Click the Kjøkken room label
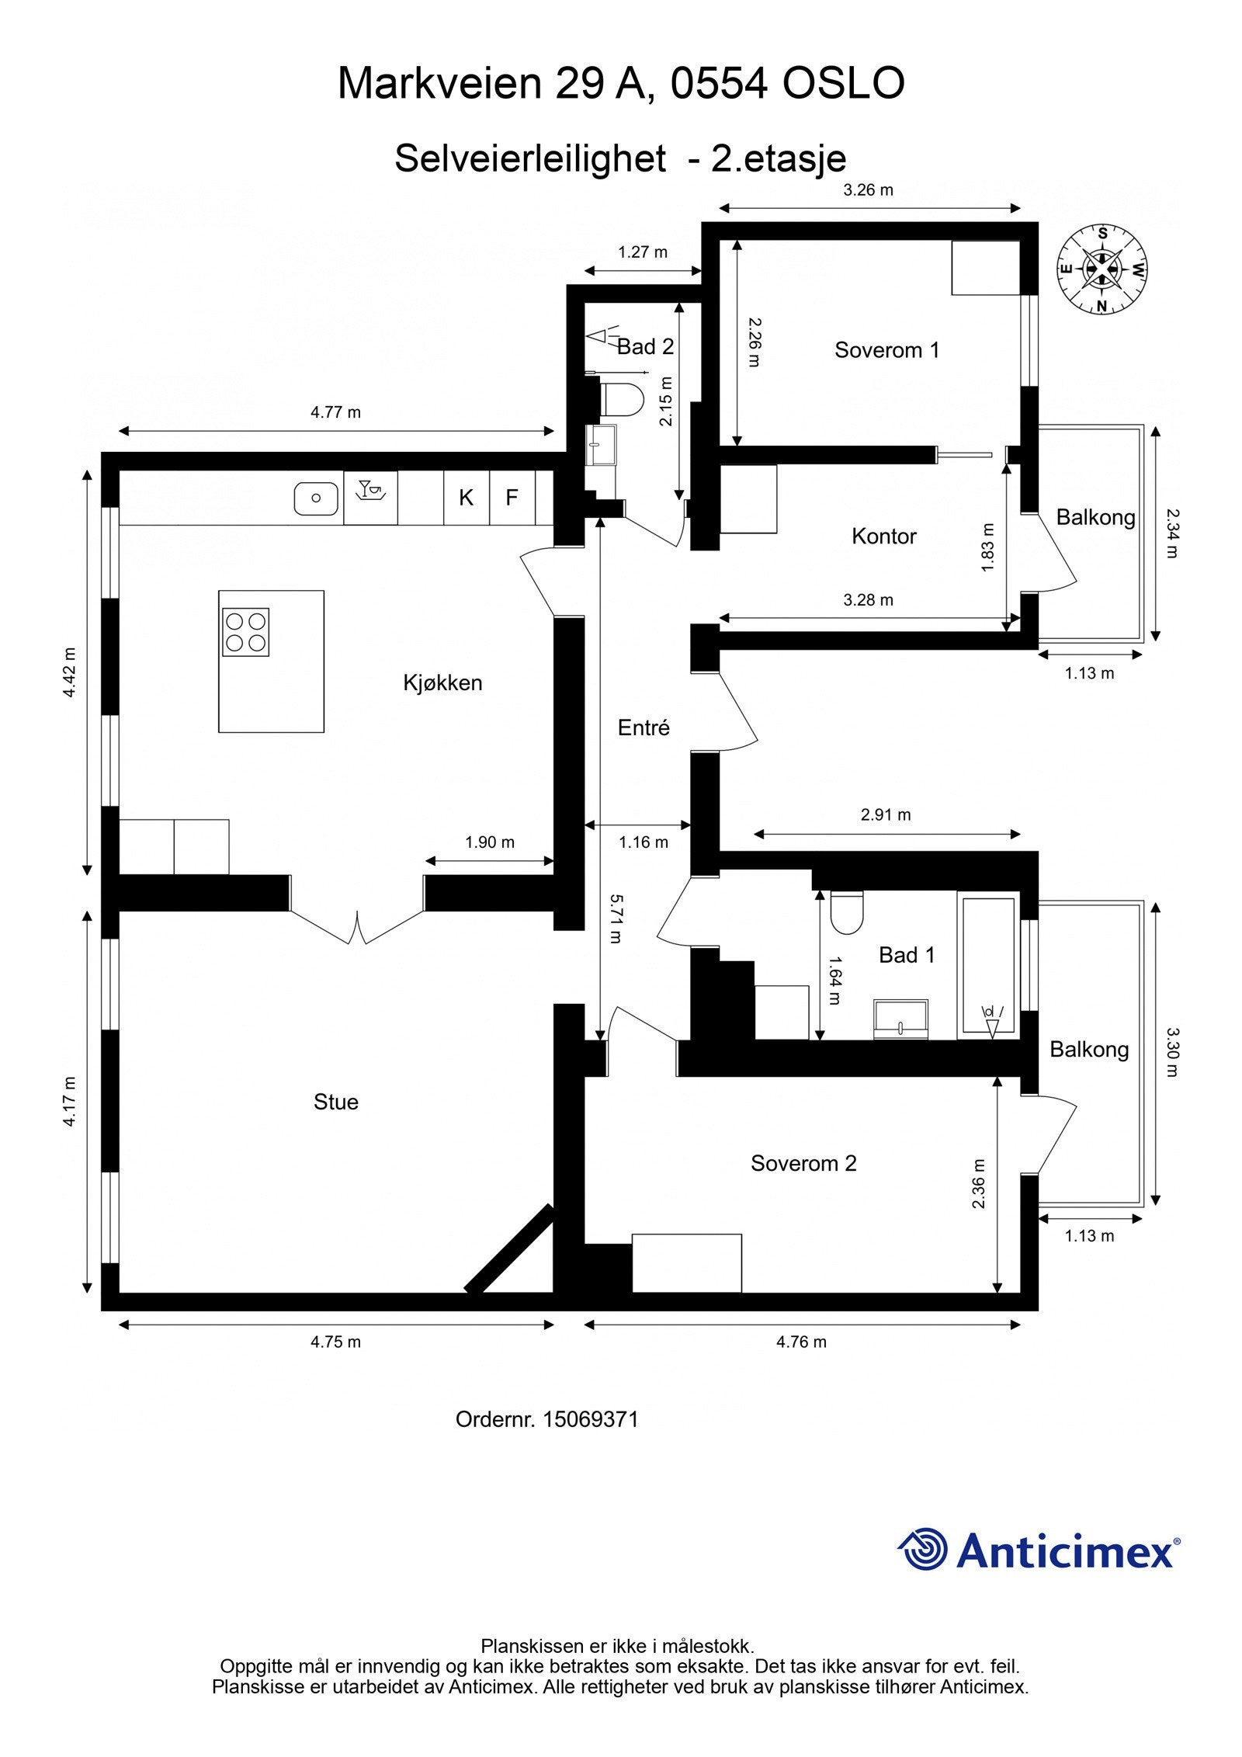click(x=442, y=682)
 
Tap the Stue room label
click(x=335, y=1102)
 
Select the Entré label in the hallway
click(x=643, y=727)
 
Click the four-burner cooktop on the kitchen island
click(x=245, y=631)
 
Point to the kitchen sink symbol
click(x=316, y=498)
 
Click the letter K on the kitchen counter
click(x=466, y=498)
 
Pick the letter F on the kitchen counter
click(x=512, y=498)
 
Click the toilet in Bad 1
click(x=846, y=913)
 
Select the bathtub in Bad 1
click(x=988, y=965)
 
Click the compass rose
click(x=1101, y=269)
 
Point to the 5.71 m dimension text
click(x=615, y=918)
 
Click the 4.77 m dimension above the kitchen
click(x=335, y=412)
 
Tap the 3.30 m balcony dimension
click(x=1171, y=1052)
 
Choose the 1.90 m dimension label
click(x=489, y=842)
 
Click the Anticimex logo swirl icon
click(x=924, y=1549)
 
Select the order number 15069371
click(x=590, y=1419)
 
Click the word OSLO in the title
click(x=842, y=84)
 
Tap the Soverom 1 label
click(x=886, y=350)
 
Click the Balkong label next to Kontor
click(x=1095, y=517)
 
